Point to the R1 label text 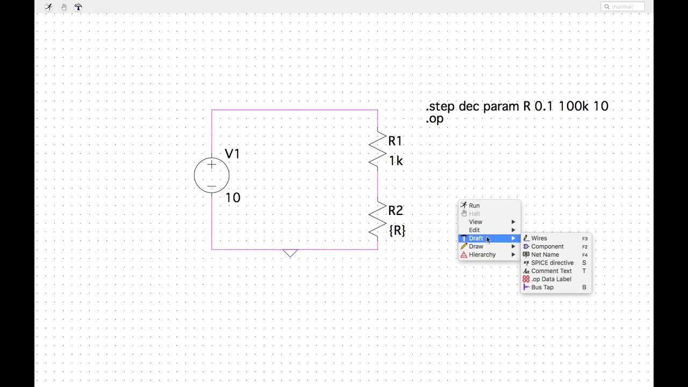(x=395, y=141)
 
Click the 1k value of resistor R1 (x=396, y=161)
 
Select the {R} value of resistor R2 (x=397, y=231)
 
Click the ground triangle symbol (x=290, y=253)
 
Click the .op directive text (x=435, y=119)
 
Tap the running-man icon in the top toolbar (x=48, y=7)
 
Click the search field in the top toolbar (x=622, y=7)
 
